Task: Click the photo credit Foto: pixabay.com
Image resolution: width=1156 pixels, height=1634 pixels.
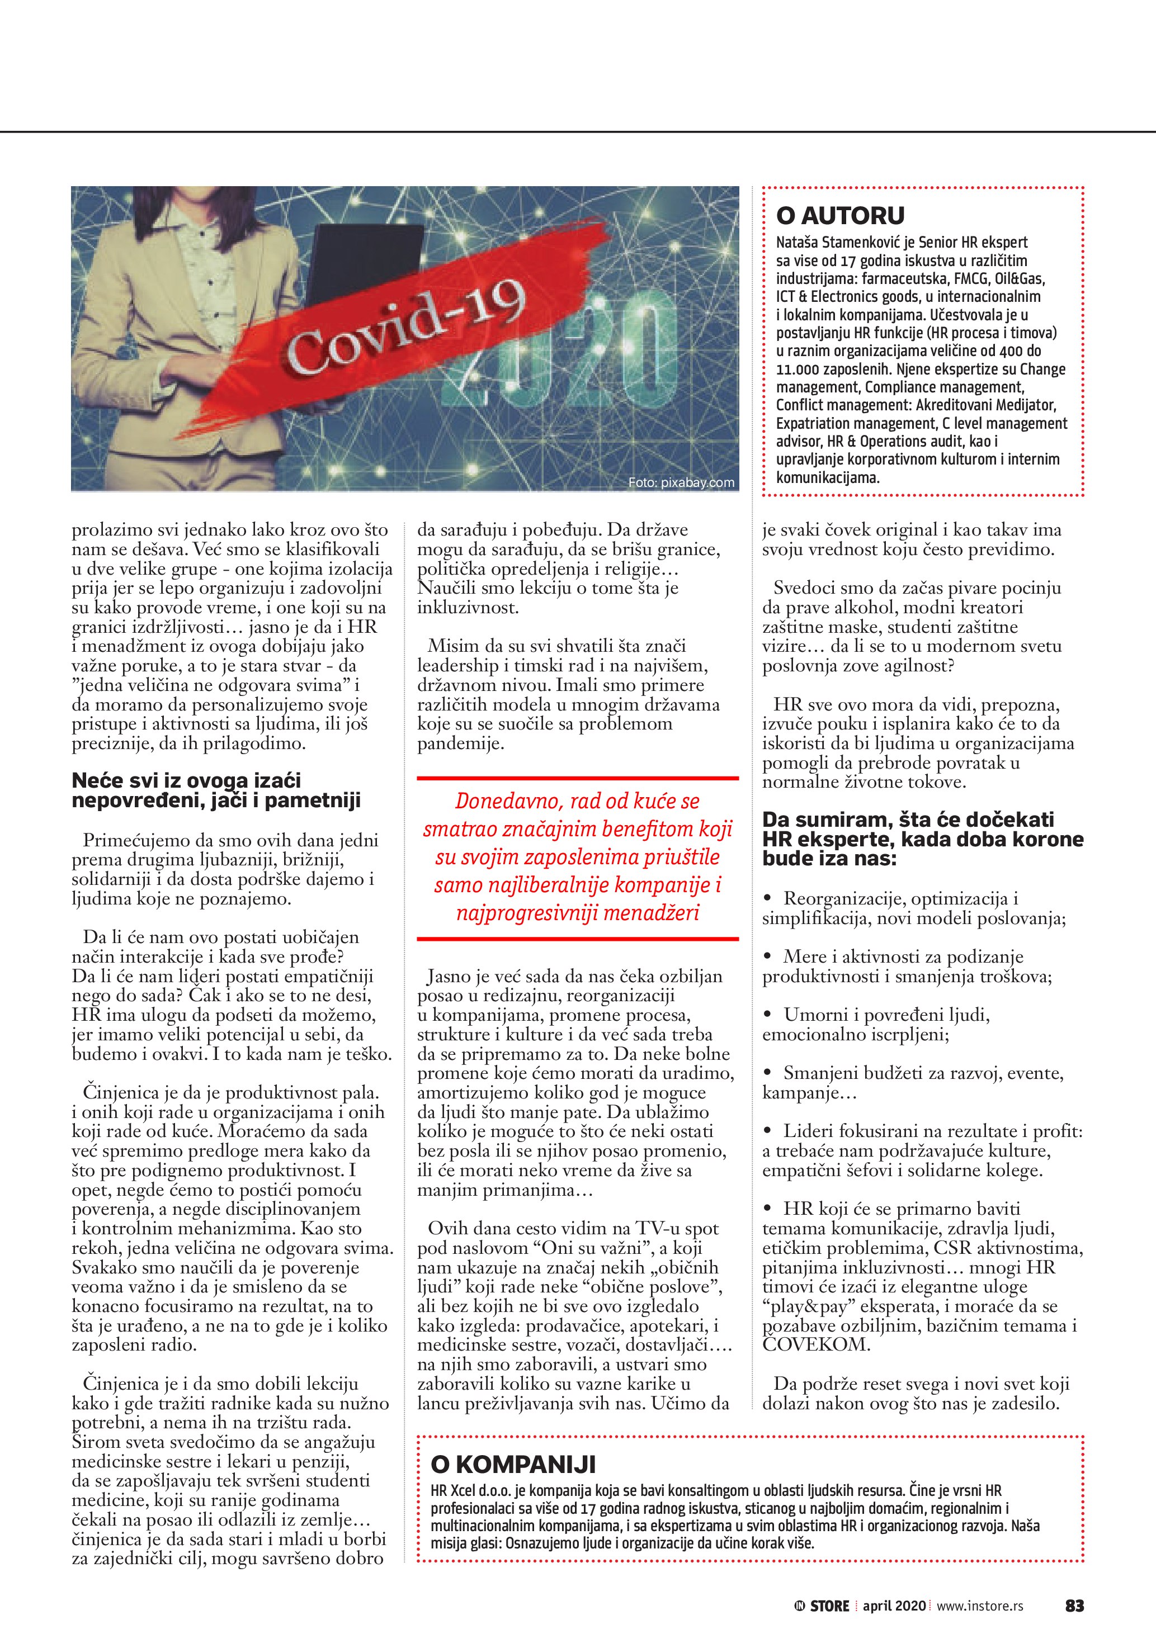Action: click(681, 482)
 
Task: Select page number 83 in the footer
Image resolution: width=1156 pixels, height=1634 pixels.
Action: click(1074, 1605)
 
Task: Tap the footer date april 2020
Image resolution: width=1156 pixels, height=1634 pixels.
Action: click(894, 1605)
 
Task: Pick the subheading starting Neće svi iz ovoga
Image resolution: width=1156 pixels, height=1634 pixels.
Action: click(216, 790)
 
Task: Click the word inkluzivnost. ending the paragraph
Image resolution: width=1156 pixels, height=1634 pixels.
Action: click(468, 608)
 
